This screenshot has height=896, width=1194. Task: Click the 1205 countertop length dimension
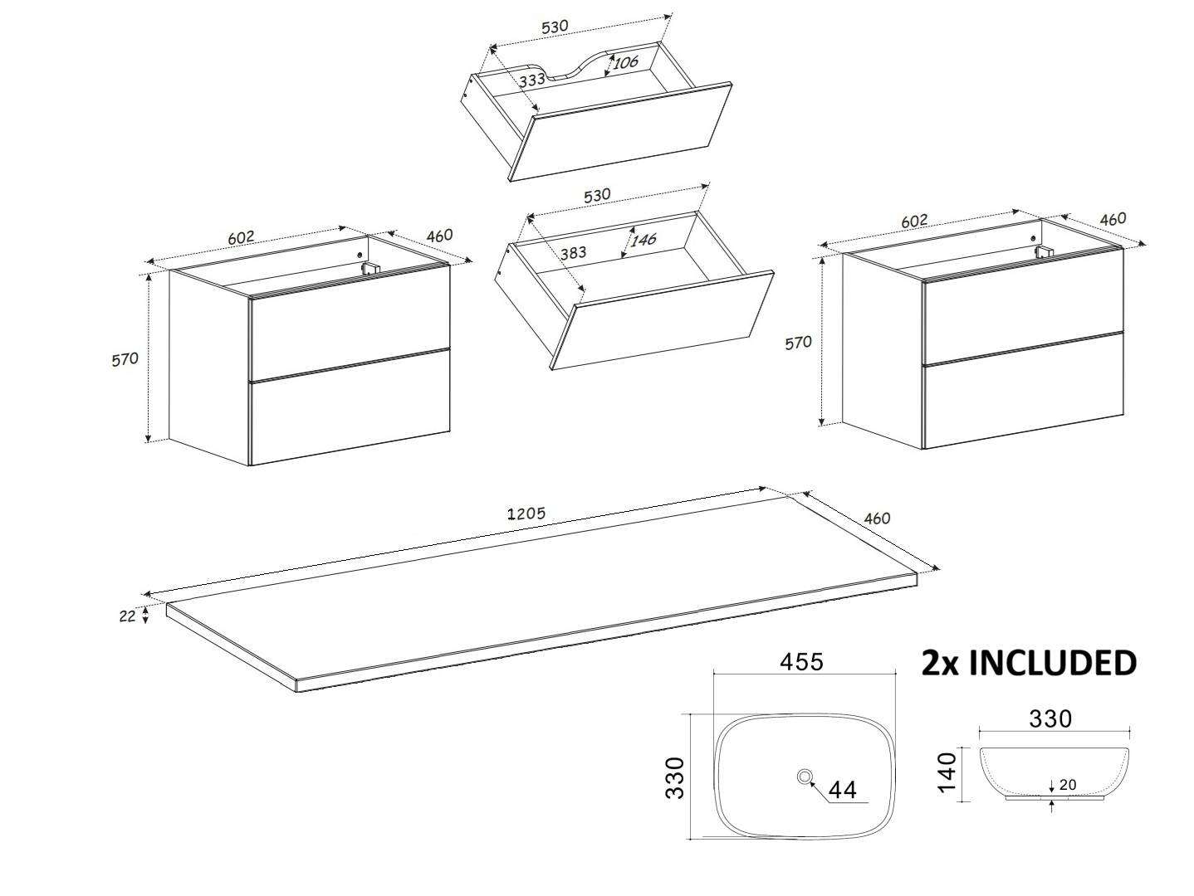coord(526,514)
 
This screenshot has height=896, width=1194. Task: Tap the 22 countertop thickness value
coord(127,616)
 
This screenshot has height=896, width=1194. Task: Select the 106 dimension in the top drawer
coord(625,62)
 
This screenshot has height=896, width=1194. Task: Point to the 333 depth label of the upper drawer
coord(532,80)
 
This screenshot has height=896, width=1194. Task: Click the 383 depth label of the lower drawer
coord(574,252)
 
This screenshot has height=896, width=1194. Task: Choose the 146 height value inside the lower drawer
coord(643,239)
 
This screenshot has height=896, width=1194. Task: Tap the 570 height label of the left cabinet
coord(125,359)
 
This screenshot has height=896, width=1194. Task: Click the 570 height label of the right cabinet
coord(798,343)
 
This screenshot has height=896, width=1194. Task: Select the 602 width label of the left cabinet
coord(241,237)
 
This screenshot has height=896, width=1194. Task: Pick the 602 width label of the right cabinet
coord(914,222)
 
